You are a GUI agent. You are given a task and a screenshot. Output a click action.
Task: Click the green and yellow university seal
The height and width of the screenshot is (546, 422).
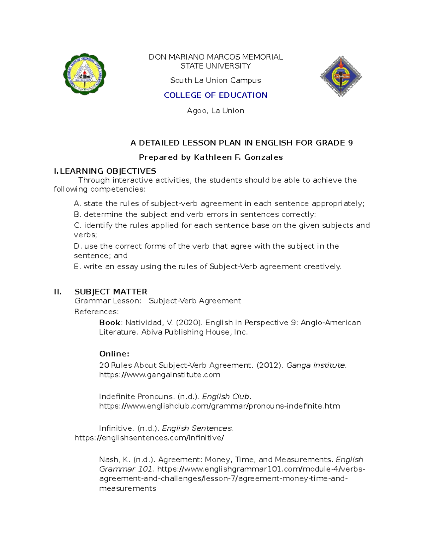coord(84,74)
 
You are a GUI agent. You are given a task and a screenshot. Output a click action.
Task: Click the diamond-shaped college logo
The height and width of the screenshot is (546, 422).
coord(340,76)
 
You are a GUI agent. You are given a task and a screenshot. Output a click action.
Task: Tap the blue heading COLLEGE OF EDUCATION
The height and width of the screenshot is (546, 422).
coord(216,95)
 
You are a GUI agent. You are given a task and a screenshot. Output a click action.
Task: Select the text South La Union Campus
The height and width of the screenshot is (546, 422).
coord(215,81)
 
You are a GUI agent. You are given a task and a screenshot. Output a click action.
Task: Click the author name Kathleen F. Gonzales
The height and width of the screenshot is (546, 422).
coord(238,158)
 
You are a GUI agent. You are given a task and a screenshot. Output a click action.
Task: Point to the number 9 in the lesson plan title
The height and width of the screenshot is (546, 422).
coord(350,143)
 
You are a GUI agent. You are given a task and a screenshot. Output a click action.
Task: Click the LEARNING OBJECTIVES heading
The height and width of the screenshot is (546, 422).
coord(108,171)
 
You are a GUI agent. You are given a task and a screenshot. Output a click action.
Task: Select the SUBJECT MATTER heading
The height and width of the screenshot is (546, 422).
coord(110,292)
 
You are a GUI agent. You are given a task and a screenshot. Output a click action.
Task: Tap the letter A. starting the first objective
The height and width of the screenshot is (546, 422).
coord(77,204)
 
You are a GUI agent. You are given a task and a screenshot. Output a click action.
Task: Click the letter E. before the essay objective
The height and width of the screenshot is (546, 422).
coord(77,267)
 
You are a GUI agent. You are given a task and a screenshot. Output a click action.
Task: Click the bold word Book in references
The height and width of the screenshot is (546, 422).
coord(110,323)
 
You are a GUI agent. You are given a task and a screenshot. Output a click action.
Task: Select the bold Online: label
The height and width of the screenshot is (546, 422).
coord(114,354)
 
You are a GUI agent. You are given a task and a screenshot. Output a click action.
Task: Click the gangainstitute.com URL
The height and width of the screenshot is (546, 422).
coord(160,375)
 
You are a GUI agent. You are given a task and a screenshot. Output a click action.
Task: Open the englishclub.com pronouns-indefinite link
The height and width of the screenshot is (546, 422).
coord(219,406)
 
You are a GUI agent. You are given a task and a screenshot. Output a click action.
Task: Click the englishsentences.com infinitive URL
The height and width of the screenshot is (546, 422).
coord(149,438)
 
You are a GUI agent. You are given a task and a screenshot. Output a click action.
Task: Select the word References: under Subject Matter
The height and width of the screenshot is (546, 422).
coord(96,312)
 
